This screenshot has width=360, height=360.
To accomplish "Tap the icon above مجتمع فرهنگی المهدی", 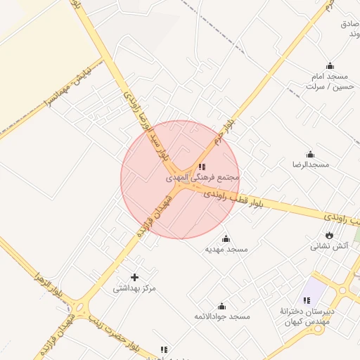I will click(x=202, y=167).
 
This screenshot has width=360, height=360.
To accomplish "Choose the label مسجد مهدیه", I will click(x=226, y=250).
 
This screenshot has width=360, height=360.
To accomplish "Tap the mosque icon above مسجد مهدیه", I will click(x=226, y=238).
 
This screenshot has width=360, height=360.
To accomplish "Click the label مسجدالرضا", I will click(x=311, y=165).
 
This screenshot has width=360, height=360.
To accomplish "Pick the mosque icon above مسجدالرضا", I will click(x=310, y=154).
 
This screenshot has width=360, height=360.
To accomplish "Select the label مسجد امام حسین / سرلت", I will click(x=327, y=81).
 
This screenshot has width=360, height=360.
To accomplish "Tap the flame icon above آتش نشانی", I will click(x=329, y=235).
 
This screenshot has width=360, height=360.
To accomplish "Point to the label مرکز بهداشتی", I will click(x=134, y=288).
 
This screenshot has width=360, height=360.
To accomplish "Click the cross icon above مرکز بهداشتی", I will click(x=134, y=277).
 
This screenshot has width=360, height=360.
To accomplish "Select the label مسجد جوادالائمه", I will click(x=222, y=317).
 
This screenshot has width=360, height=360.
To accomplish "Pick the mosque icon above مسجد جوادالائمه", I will click(x=222, y=306).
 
